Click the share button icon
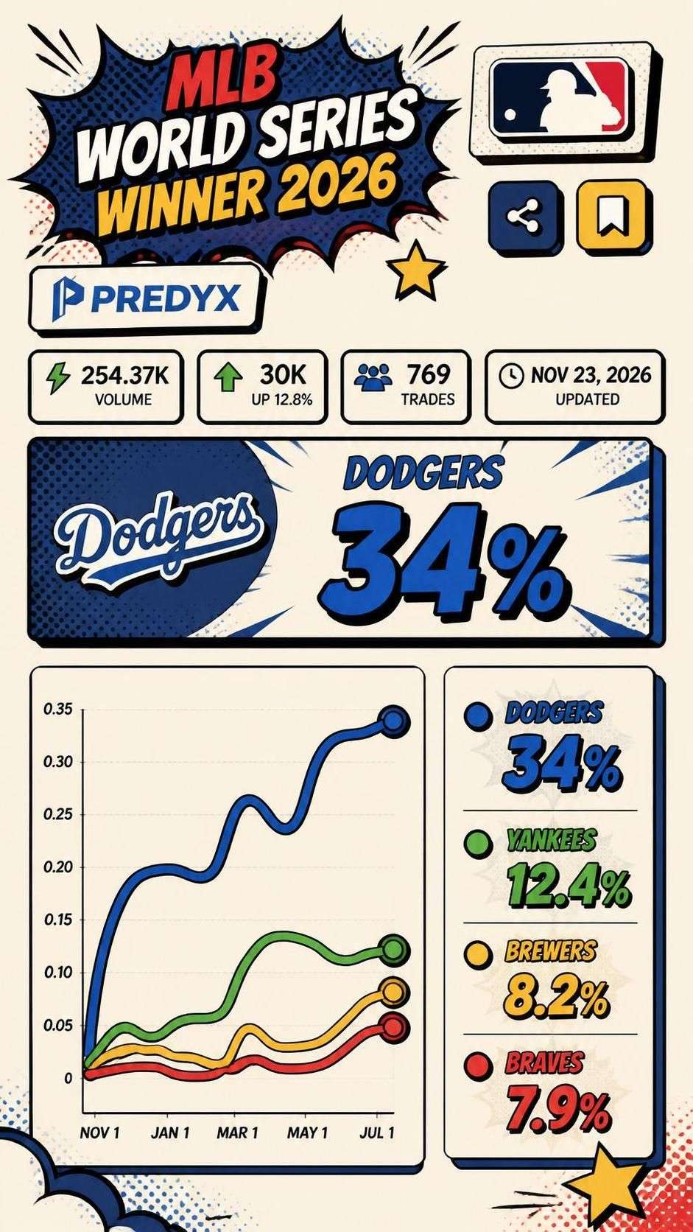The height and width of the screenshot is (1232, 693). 524,215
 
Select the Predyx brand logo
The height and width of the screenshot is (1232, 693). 144,298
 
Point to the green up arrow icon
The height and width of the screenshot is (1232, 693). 228,379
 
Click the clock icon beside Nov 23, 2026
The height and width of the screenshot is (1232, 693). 510,375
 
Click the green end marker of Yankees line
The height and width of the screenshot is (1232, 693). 395,949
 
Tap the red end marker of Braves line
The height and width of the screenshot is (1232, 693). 393,1027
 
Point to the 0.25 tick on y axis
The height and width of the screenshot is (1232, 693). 58,814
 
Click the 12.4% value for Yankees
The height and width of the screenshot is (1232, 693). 567,886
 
